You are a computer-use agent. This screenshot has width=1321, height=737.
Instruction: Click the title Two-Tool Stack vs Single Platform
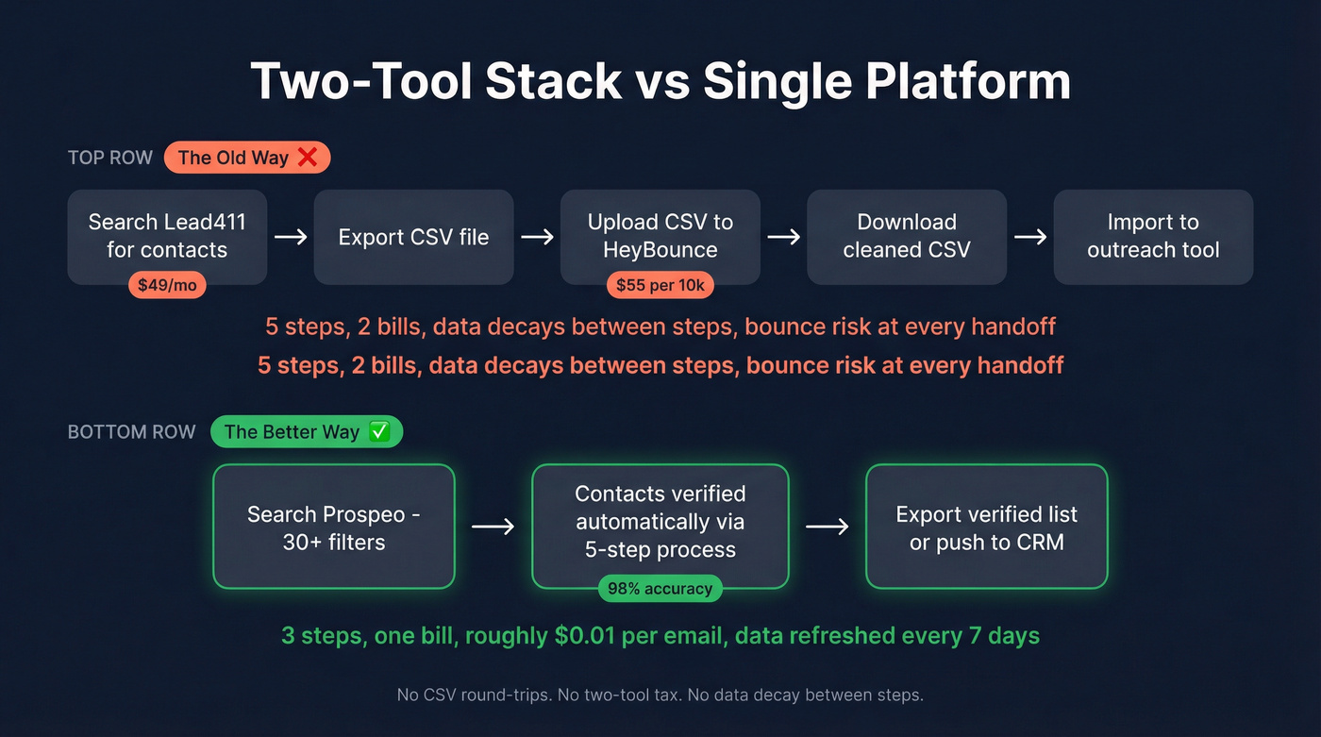[660, 81]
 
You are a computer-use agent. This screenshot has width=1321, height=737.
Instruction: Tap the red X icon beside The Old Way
[307, 158]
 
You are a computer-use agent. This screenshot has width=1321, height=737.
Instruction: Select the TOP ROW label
[109, 158]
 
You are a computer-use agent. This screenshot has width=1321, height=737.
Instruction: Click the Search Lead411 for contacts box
[167, 236]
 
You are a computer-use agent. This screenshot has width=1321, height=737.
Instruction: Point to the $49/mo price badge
[167, 285]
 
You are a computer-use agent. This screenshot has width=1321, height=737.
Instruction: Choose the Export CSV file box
[413, 237]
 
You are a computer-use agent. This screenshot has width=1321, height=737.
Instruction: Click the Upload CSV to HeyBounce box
[660, 236]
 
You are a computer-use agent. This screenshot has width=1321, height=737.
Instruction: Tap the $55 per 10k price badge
[660, 285]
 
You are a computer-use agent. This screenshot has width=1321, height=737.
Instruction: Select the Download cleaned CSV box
[906, 237]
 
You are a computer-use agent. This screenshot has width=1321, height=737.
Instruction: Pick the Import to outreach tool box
[1152, 237]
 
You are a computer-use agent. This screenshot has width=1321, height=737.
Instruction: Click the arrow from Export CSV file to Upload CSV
[537, 237]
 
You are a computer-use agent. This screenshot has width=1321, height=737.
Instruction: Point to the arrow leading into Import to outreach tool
[1029, 237]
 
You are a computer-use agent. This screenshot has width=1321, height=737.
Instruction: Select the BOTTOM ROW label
[131, 432]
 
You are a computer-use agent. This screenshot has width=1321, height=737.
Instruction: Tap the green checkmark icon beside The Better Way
[378, 432]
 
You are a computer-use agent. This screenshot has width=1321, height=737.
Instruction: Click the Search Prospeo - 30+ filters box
[334, 527]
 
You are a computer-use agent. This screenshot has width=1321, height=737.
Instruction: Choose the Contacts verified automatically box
[660, 522]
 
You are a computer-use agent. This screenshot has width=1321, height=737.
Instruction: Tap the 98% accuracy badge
[660, 589]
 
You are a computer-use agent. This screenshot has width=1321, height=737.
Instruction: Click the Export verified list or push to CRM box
[986, 527]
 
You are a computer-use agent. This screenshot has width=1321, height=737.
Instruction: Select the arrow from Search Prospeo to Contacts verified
[493, 527]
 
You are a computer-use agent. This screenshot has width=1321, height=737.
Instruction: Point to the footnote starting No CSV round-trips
[660, 695]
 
